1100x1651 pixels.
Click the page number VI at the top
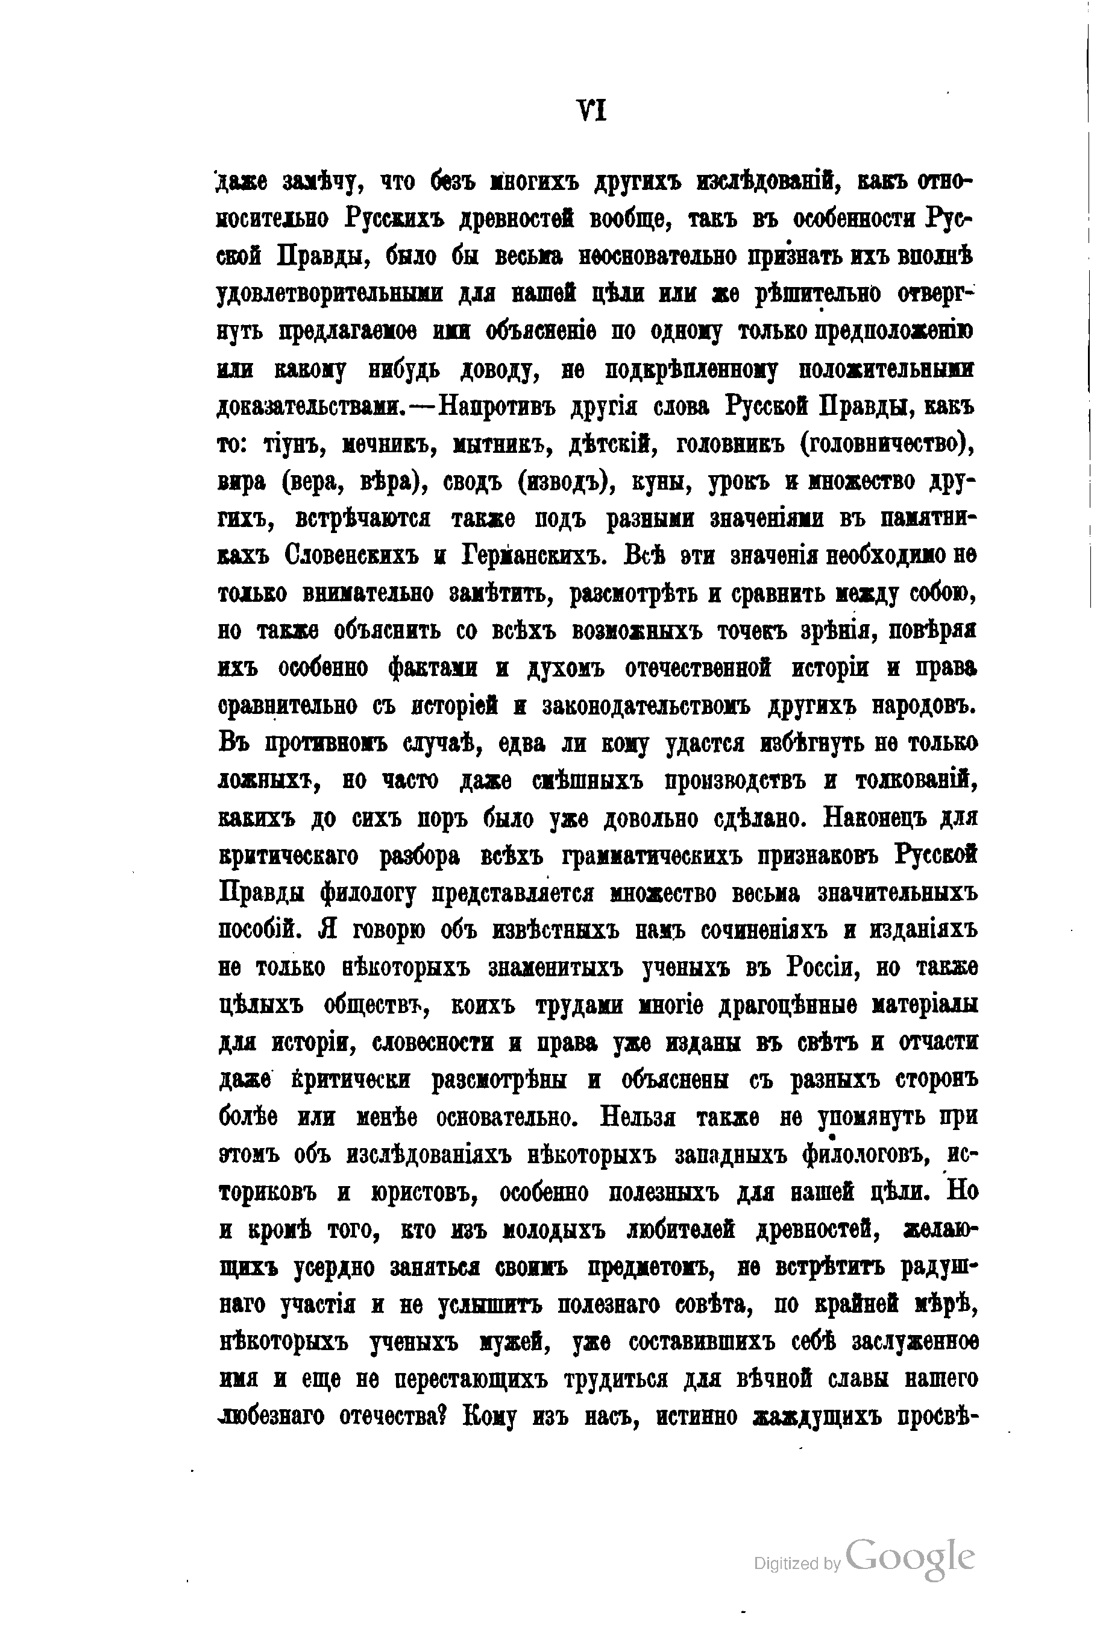591,112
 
